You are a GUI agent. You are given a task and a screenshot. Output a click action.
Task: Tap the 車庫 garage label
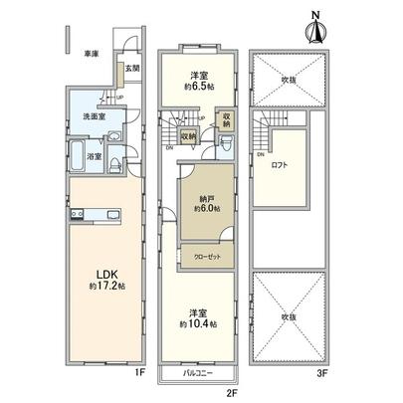pos(92,53)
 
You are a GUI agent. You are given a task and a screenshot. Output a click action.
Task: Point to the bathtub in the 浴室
pos(79,154)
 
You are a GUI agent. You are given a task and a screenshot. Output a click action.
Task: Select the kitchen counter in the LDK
pos(94,216)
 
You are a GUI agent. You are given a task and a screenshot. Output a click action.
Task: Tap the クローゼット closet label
pos(207,256)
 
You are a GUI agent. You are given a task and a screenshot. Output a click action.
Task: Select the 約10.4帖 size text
pos(200,323)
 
